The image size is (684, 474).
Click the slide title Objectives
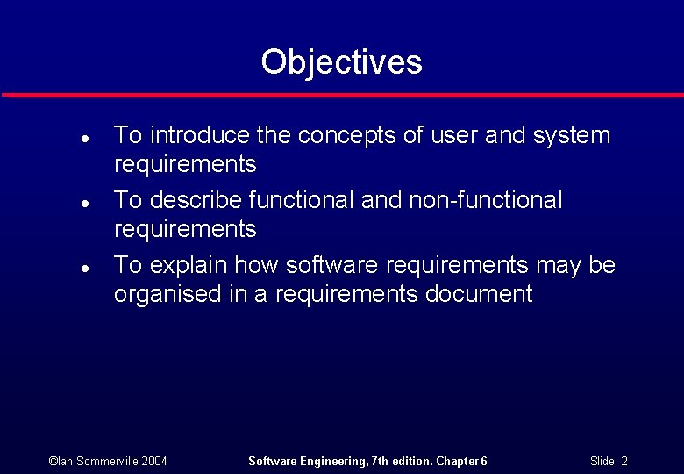[x=341, y=62]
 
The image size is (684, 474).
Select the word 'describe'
[x=196, y=200]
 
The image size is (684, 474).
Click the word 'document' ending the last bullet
[x=479, y=294]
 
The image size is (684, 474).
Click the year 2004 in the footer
[x=153, y=461]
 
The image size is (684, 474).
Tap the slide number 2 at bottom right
[x=624, y=461]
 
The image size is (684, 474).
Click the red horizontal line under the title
[x=342, y=95]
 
